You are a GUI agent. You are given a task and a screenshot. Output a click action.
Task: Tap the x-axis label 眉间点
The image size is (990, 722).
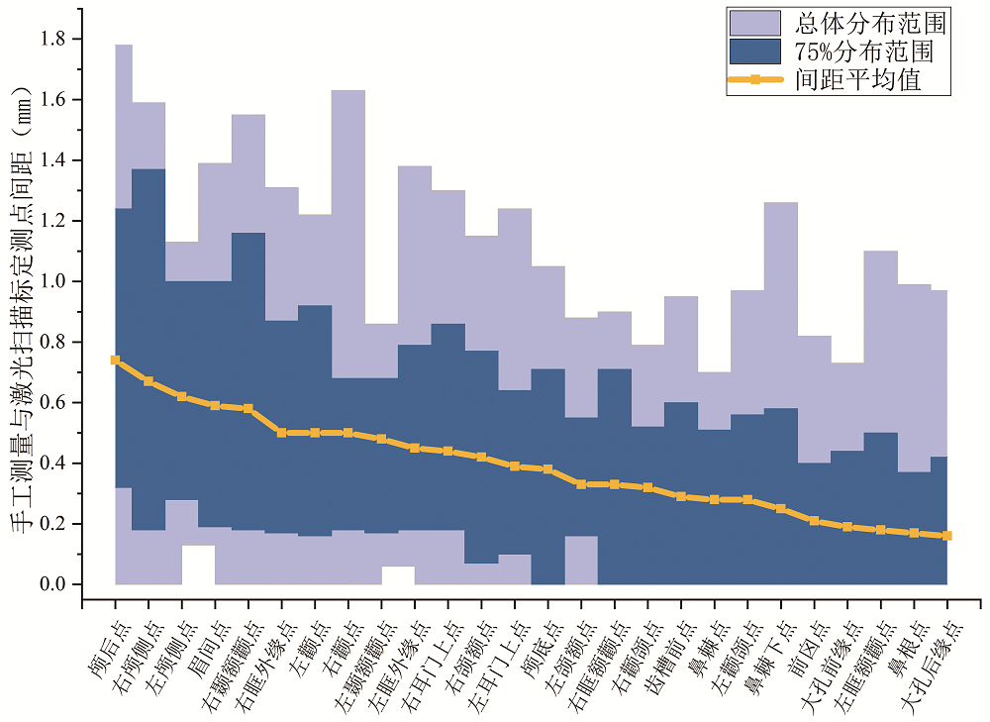coord(198,630)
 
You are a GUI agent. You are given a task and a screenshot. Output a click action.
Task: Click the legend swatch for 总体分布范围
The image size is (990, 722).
coord(754,23)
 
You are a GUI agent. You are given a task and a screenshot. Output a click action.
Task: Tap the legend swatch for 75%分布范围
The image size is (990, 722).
coord(754,52)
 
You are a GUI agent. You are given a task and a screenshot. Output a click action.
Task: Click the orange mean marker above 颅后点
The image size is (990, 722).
coord(116,361)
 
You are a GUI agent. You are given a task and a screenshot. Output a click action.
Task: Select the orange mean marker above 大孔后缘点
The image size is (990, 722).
coord(947,536)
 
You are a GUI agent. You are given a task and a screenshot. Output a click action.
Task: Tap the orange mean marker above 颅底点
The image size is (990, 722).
coord(547,469)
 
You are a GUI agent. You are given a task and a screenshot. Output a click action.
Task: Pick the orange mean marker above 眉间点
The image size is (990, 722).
coord(215,405)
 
